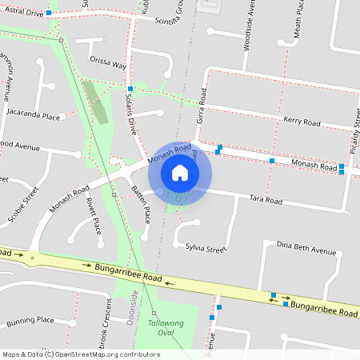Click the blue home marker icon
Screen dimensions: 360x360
180,172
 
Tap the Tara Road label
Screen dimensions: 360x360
266,199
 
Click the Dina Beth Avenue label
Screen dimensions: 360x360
306,250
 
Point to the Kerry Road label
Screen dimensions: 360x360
302,122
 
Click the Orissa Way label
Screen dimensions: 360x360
108,63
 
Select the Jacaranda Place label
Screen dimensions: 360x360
33,117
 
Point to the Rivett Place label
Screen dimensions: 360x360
94,215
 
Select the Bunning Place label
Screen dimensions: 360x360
30,320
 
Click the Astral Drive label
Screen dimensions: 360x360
22,14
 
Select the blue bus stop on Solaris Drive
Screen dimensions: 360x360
130,88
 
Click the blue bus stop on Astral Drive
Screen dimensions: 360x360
49,14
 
